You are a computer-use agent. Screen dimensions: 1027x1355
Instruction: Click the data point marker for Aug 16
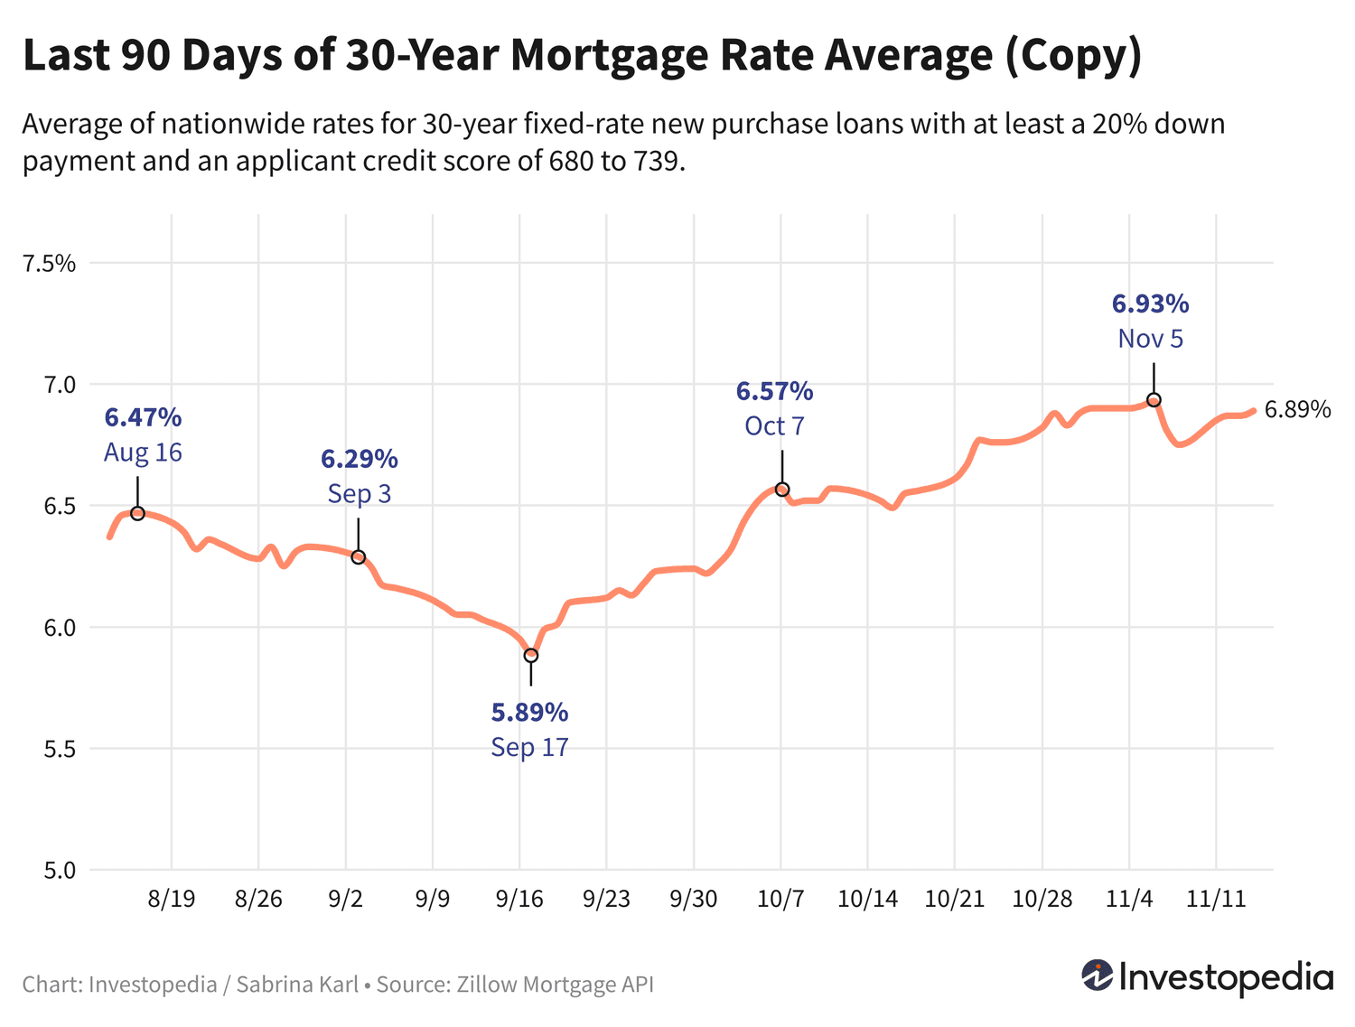pyautogui.click(x=137, y=513)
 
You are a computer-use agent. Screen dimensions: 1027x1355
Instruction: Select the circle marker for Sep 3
pyautogui.click(x=358, y=557)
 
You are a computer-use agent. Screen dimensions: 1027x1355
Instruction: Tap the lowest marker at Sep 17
pyautogui.click(x=531, y=655)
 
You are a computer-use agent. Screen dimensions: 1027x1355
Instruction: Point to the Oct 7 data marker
pyautogui.click(x=782, y=490)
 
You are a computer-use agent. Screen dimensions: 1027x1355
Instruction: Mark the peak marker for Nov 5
pyautogui.click(x=1154, y=400)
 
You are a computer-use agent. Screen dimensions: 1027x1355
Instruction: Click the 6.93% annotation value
pyautogui.click(x=1150, y=303)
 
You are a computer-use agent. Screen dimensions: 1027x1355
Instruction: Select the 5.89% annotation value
pyautogui.click(x=529, y=713)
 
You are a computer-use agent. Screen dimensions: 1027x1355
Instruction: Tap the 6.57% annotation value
pyautogui.click(x=774, y=391)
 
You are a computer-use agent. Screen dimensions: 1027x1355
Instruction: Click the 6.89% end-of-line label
pyautogui.click(x=1297, y=410)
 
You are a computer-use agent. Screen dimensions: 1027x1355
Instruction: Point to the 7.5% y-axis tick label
pyautogui.click(x=50, y=264)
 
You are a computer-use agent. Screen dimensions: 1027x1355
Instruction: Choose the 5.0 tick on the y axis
pyautogui.click(x=57, y=871)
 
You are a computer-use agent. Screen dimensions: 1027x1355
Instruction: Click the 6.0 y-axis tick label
pyautogui.click(x=57, y=628)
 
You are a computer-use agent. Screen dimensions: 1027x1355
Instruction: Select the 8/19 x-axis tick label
pyautogui.click(x=172, y=899)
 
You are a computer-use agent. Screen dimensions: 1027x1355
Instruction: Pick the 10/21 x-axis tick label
pyautogui.click(x=954, y=899)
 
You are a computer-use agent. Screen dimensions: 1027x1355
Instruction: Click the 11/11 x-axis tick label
pyautogui.click(x=1216, y=899)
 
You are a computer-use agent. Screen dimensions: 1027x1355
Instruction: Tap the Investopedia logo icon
pyautogui.click(x=1098, y=976)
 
